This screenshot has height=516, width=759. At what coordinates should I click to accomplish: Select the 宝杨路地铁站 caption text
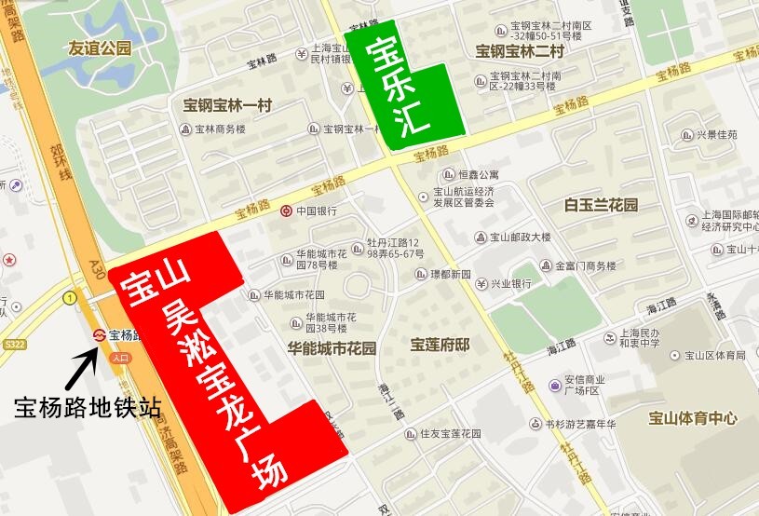pos(88,407)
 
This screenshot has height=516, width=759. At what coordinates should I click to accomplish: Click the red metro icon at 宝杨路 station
pos(99,334)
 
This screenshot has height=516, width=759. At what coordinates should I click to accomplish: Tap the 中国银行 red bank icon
pos(287,210)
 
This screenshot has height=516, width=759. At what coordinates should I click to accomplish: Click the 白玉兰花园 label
pos(601,204)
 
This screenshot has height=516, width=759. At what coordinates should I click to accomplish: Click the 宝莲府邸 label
pos(440,345)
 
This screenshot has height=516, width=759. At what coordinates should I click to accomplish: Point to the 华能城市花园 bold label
pos(331,349)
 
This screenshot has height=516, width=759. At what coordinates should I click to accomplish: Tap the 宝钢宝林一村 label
pos(227,104)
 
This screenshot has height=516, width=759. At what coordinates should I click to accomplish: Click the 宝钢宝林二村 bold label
pos(520,51)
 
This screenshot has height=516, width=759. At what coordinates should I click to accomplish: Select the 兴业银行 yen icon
pos(481,283)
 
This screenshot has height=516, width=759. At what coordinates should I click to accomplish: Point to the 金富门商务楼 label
pos(586,265)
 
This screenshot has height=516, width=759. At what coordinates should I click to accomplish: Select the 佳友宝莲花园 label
pos(449,433)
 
